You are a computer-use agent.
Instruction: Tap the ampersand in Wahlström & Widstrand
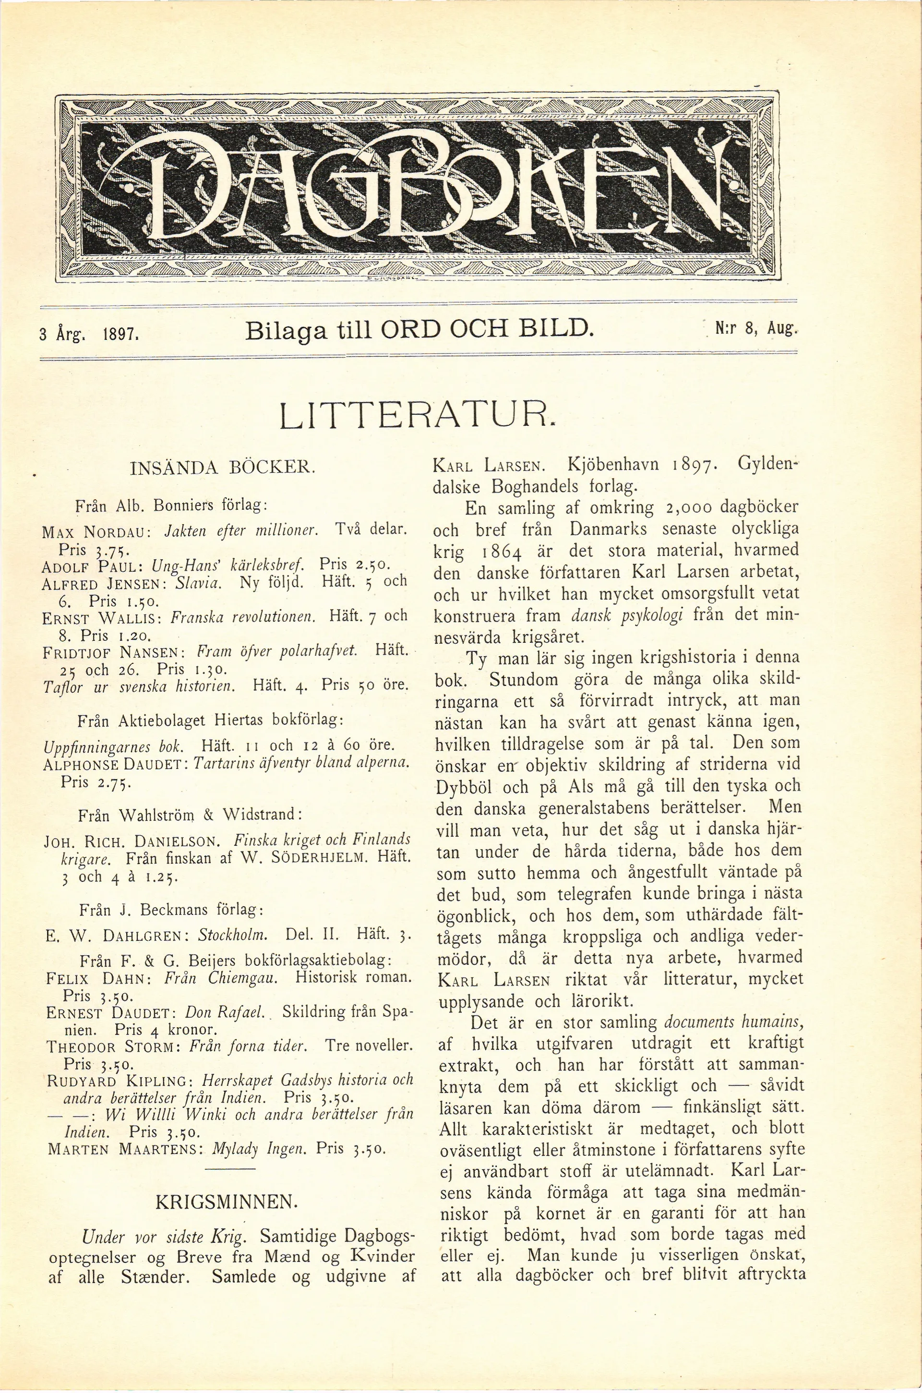tap(205, 815)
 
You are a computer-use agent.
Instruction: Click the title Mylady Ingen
tap(261, 1147)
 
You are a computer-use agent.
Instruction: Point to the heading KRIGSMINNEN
tap(224, 1200)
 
